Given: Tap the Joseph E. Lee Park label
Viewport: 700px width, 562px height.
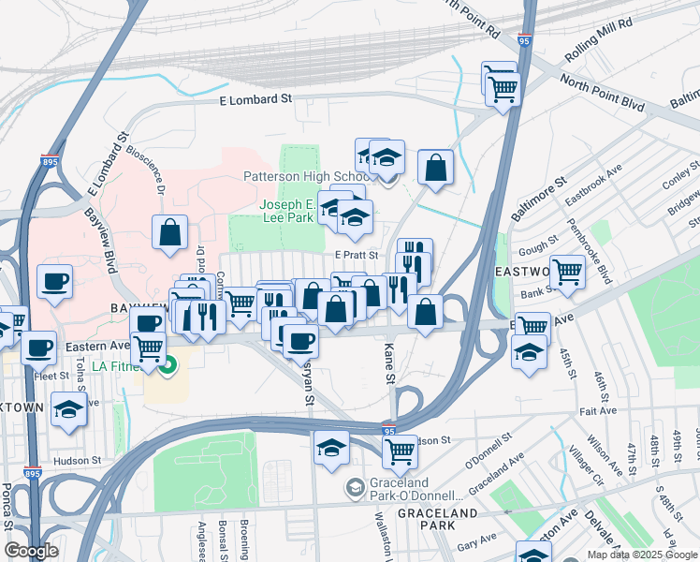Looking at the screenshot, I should (x=286, y=211).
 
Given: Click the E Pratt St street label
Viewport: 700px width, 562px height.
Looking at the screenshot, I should (x=356, y=255).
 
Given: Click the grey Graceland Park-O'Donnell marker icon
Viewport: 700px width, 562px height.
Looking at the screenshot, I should (x=355, y=487).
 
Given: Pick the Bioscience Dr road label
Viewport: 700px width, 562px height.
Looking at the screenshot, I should (x=147, y=169).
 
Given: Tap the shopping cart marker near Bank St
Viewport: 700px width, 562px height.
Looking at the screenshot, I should (x=567, y=272).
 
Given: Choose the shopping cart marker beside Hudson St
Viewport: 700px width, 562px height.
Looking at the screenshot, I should (x=400, y=451).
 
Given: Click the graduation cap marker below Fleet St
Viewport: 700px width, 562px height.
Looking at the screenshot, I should (x=68, y=409).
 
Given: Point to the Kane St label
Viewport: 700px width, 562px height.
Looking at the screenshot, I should (x=389, y=362).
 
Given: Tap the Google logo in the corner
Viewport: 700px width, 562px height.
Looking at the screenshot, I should (x=30, y=551).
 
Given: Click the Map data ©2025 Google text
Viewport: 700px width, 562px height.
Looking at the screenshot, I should (x=641, y=555).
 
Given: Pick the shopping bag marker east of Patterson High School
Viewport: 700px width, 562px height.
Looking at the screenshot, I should (x=435, y=169).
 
